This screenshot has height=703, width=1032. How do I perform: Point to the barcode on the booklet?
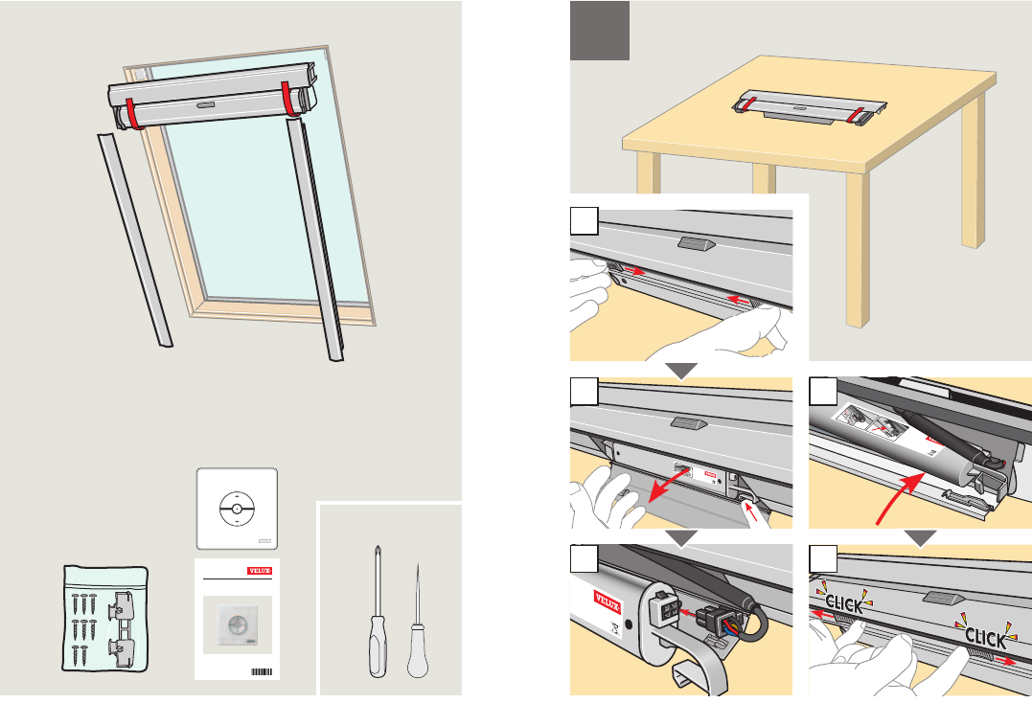pos(262,670)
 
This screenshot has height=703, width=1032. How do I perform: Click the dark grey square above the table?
pos(600,30)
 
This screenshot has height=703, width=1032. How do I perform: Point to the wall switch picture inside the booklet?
pos(236,624)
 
